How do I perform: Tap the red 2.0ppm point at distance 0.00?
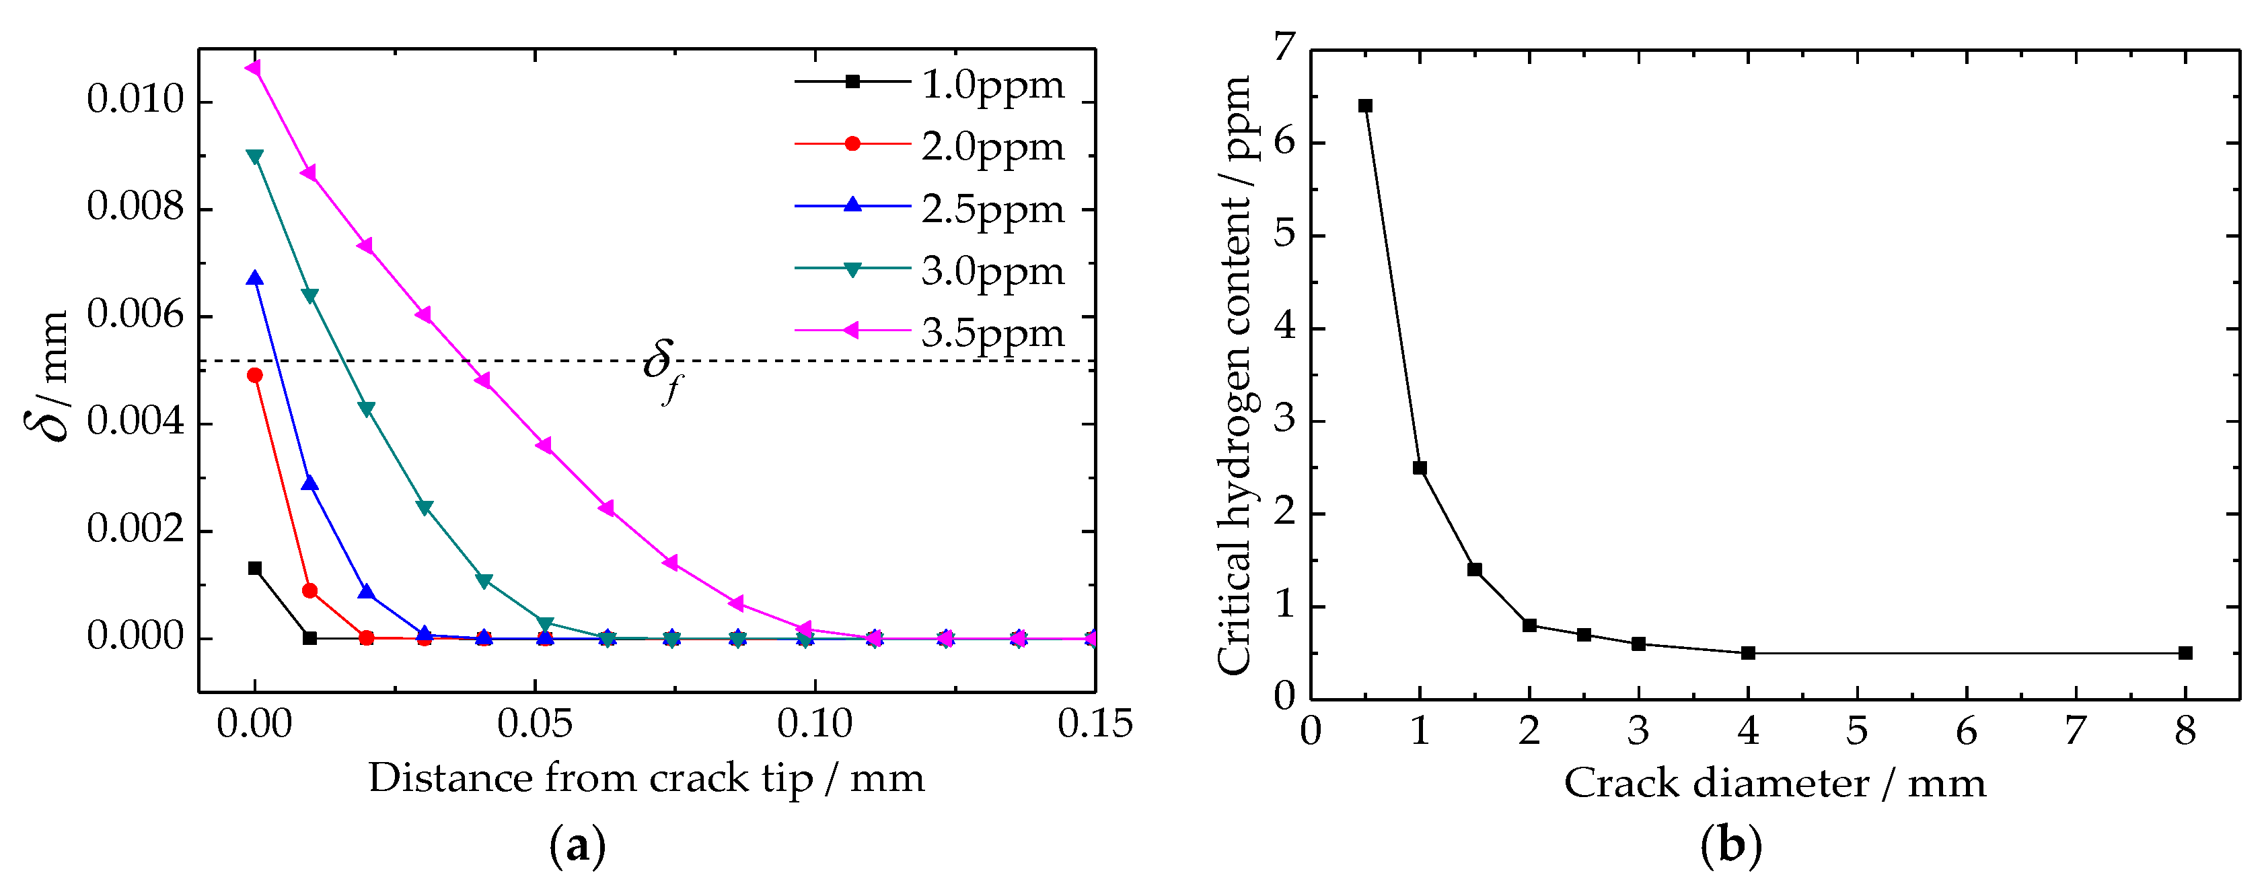(255, 375)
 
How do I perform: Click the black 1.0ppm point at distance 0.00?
(255, 568)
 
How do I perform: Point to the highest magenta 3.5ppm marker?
(254, 68)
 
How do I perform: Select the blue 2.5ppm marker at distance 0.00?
(255, 279)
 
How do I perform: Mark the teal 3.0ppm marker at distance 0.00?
(255, 157)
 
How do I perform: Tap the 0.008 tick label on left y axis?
(135, 207)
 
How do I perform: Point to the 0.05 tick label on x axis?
(534, 724)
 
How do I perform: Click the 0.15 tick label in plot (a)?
(1094, 724)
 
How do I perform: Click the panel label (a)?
(577, 846)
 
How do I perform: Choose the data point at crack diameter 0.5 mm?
(1365, 106)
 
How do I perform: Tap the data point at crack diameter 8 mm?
(2185, 653)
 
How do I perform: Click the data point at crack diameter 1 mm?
(1420, 468)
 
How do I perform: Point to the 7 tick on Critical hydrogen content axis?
(1285, 46)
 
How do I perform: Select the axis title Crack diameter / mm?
(1774, 783)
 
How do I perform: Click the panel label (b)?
(1730, 846)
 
